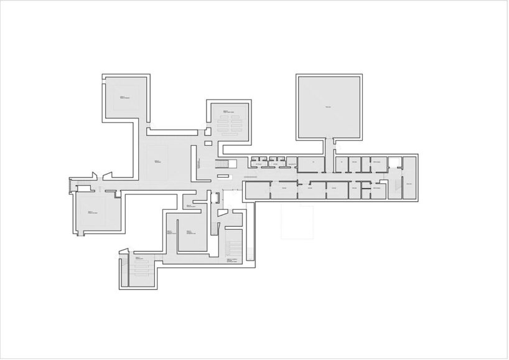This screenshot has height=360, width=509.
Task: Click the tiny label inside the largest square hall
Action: pos(328,107)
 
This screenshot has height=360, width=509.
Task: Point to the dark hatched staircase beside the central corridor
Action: pos(222,164)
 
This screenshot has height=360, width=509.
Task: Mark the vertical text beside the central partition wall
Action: pos(198,163)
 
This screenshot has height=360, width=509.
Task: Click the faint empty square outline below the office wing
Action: pos(298,220)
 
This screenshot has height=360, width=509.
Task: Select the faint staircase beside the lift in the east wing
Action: pos(393,187)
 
